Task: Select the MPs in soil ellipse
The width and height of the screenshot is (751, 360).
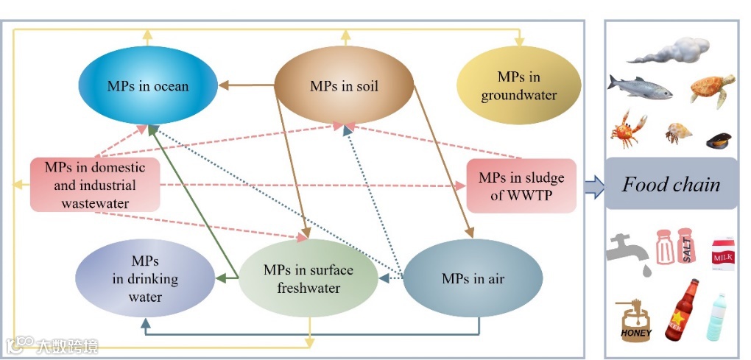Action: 344,86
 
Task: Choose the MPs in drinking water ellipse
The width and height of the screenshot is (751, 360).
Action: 145,279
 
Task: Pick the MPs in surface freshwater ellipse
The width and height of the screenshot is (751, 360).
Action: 308,279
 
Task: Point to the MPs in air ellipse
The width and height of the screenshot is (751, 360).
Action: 473,279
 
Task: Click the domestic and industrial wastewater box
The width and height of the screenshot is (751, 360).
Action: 95,184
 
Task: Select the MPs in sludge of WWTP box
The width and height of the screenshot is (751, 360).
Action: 521,186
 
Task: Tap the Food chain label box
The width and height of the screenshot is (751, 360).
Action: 671,183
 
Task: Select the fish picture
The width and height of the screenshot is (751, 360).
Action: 639,88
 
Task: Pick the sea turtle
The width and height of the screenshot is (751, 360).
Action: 712,89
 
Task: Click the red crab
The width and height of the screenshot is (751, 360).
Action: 628,130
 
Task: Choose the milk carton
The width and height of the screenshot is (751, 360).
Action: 722,255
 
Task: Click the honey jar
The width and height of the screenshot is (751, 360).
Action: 637,322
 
